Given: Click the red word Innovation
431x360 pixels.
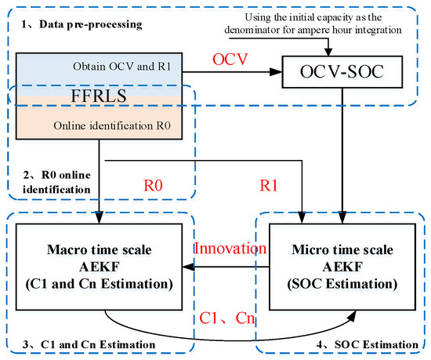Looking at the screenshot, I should click(x=229, y=249).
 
